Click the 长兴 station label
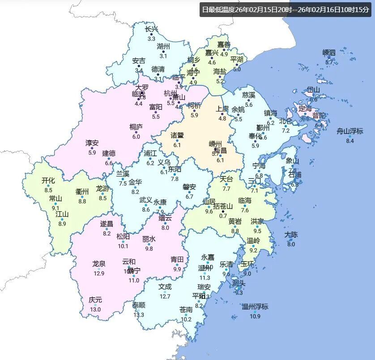tap(152, 30)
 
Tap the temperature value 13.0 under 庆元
tap(95, 309)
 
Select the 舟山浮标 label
tap(350, 131)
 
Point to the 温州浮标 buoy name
tap(255, 307)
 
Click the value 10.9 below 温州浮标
tap(255, 317)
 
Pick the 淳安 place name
tap(92, 143)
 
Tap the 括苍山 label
tap(223, 206)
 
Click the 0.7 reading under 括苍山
tap(223, 216)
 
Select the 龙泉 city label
tap(98, 264)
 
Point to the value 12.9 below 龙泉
tap(98, 274)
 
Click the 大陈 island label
tap(291, 235)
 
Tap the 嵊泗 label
tap(329, 53)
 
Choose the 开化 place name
tap(48, 181)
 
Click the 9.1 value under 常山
tap(55, 208)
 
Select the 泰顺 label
tap(139, 305)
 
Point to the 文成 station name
tap(165, 287)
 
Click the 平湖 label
tap(237, 60)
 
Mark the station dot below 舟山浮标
tap(350, 136)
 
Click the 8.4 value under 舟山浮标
tap(350, 141)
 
